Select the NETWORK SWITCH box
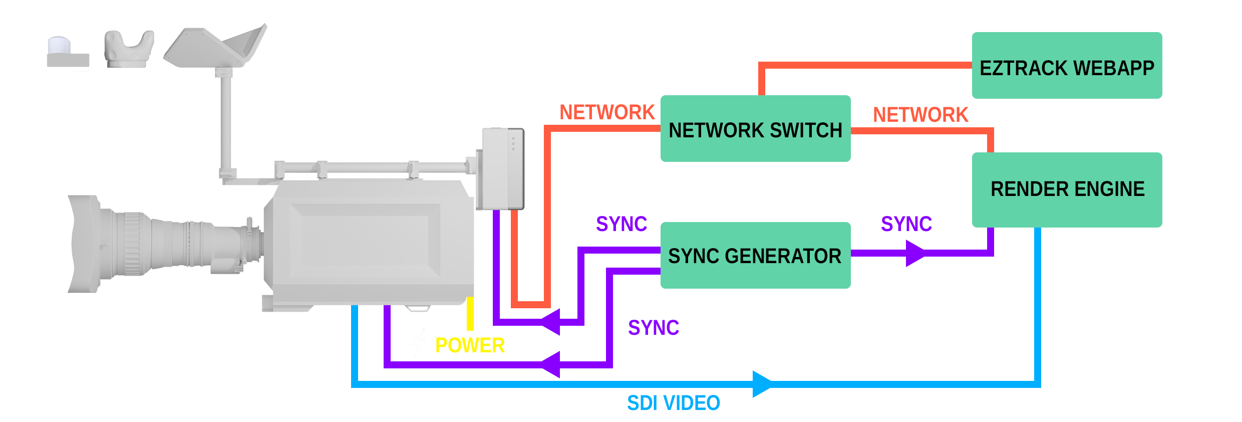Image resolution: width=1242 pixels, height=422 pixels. [755, 129]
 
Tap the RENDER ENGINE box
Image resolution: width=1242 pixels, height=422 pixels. [1067, 190]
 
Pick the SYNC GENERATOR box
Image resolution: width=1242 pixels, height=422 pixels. [755, 256]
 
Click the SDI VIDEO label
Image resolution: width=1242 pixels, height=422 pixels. [674, 403]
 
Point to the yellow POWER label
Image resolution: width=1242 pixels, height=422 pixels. [470, 345]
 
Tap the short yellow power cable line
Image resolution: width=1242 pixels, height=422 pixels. [470, 314]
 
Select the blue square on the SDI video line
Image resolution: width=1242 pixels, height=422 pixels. [764, 384]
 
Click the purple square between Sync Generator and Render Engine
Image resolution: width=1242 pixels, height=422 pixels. [918, 253]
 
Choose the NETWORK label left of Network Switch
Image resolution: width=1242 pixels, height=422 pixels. [607, 112]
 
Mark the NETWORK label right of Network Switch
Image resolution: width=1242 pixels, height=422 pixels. [920, 115]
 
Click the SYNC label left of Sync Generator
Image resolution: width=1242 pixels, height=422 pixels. [622, 224]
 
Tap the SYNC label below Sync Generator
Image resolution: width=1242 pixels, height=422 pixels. [654, 327]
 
